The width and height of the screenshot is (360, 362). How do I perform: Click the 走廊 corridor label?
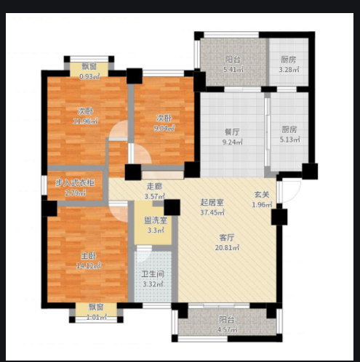click(153, 185)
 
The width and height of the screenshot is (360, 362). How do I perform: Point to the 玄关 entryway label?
click(263, 194)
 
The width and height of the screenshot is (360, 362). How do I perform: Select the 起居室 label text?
click(212, 203)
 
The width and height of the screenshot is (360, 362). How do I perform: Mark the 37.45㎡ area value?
click(212, 213)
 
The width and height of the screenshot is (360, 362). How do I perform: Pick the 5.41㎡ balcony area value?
click(233, 71)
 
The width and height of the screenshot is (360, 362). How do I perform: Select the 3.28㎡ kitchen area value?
click(289, 71)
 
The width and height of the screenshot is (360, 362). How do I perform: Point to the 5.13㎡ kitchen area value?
click(289, 140)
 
